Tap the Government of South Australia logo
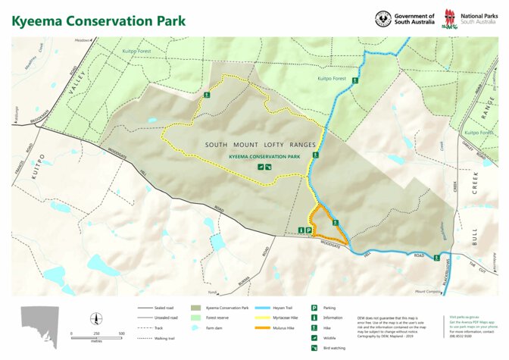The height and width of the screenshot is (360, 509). pyautogui.click(x=405, y=18)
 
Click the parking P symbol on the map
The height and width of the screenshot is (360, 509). pyautogui.click(x=309, y=230)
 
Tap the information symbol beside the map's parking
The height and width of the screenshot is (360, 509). pyautogui.click(x=301, y=230)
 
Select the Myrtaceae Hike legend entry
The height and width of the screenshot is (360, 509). pyautogui.click(x=276, y=318)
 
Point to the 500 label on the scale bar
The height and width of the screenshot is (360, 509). pyautogui.click(x=122, y=333)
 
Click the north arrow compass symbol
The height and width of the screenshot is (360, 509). pyautogui.click(x=94, y=318)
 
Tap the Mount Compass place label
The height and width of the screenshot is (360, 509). pyautogui.click(x=428, y=290)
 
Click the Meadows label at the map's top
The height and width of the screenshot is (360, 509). pyautogui.click(x=81, y=39)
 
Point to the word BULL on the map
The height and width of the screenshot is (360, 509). pyautogui.click(x=475, y=235)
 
